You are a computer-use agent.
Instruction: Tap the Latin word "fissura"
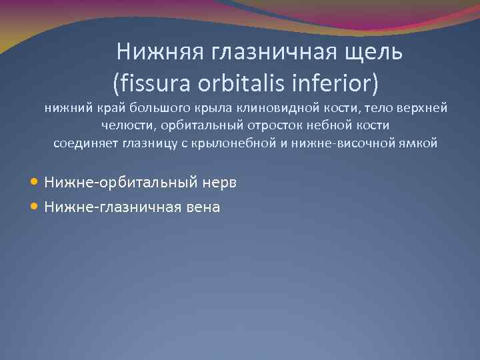click(147, 84)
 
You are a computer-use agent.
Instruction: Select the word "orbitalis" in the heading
click(239, 84)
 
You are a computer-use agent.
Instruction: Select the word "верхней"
click(423, 108)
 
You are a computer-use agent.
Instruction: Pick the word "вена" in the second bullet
click(203, 207)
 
